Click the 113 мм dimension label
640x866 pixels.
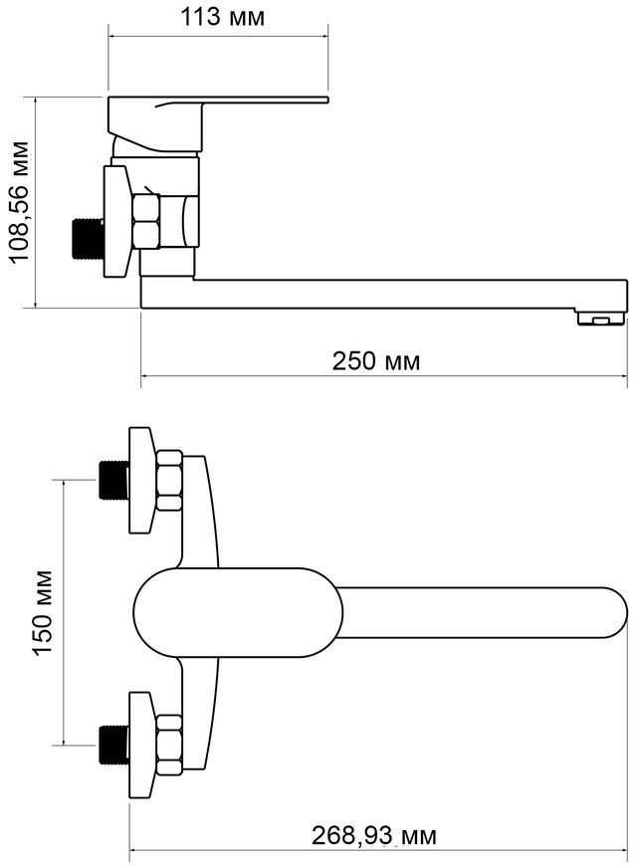click(x=223, y=17)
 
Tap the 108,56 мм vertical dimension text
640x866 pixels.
click(x=21, y=202)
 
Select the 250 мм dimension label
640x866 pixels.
click(x=375, y=361)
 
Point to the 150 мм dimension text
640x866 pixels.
click(x=43, y=612)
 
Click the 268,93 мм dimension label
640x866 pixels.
click(x=374, y=836)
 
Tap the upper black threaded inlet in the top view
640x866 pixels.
click(x=113, y=480)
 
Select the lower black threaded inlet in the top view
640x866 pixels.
click(x=113, y=745)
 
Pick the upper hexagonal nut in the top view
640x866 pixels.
click(x=169, y=481)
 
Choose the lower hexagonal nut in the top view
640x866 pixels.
click(x=169, y=745)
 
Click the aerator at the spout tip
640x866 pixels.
click(x=600, y=318)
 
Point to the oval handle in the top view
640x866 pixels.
click(x=238, y=612)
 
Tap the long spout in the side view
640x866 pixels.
click(x=384, y=294)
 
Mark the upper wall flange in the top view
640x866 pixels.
click(x=140, y=480)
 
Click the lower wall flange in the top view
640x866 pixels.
click(x=140, y=745)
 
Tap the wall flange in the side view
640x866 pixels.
click(x=118, y=221)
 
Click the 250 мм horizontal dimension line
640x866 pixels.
click(x=384, y=376)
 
